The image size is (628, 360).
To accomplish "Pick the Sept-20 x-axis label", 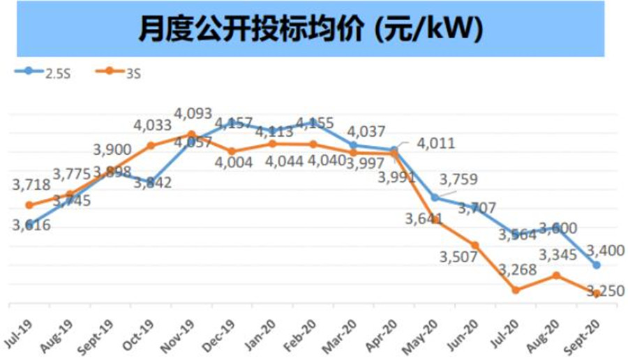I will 588,328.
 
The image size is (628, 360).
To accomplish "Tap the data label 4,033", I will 152,126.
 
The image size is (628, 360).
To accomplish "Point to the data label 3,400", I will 604,250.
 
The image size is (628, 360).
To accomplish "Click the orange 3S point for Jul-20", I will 516,290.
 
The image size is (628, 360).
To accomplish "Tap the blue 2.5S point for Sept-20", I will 597,265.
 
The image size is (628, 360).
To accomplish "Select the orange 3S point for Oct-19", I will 151,145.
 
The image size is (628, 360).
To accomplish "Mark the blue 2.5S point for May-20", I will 435,197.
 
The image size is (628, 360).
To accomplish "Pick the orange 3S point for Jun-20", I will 475,245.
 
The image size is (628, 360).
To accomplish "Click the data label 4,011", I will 436,144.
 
